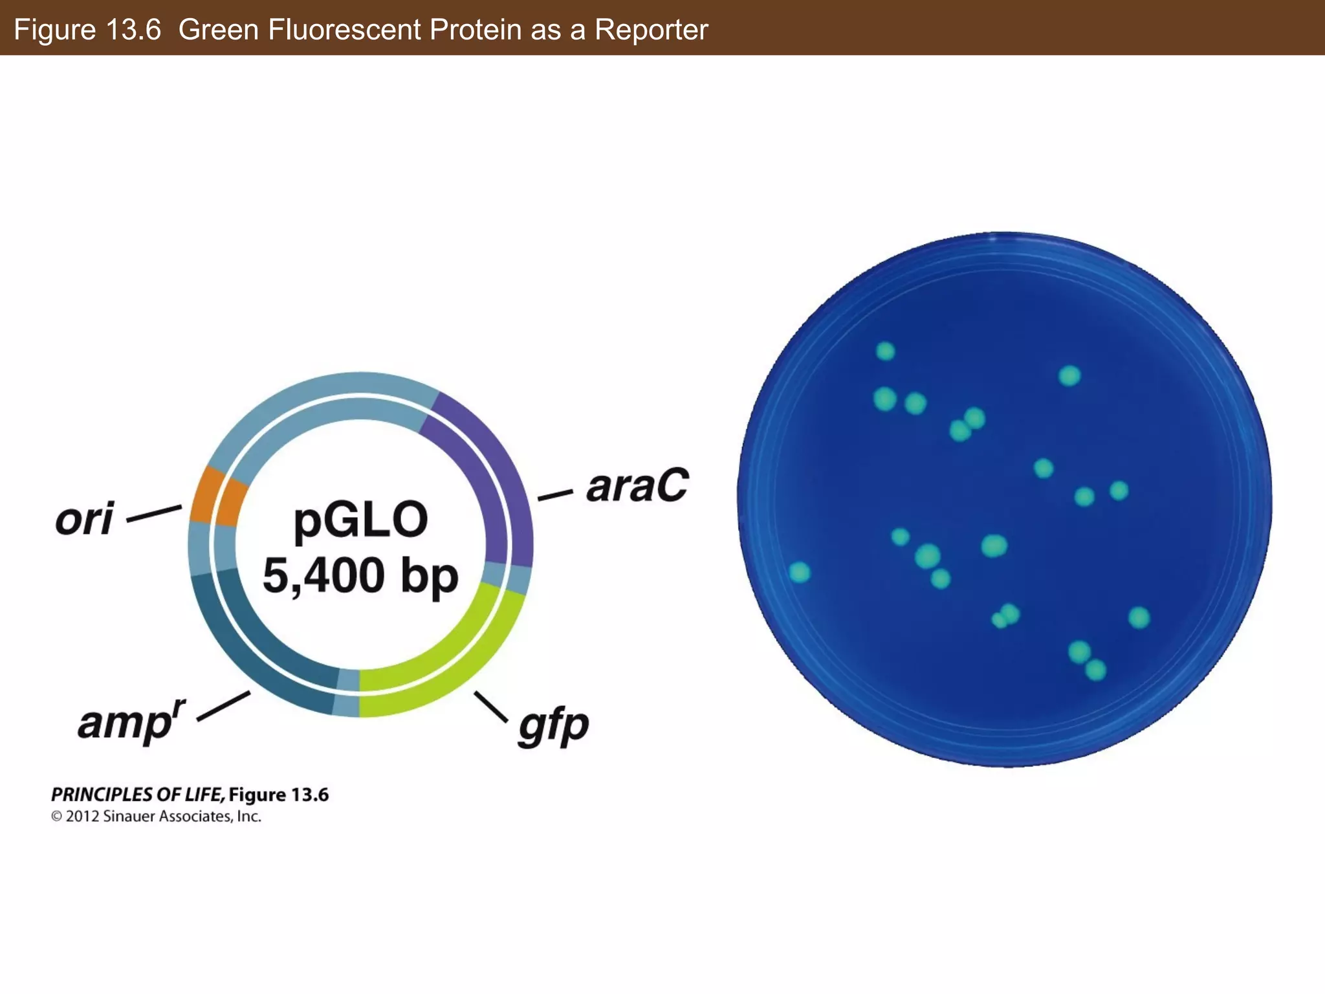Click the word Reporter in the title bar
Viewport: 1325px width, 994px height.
pyautogui.click(x=651, y=30)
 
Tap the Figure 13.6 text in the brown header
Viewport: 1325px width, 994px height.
pyautogui.click(x=87, y=30)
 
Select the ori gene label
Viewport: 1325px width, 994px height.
pyautogui.click(x=85, y=519)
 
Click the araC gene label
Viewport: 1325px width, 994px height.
pyautogui.click(x=637, y=486)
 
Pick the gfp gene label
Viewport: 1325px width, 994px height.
pyautogui.click(x=553, y=726)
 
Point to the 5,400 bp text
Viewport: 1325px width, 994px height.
pyautogui.click(x=360, y=575)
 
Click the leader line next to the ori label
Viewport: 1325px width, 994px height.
pyautogui.click(x=154, y=514)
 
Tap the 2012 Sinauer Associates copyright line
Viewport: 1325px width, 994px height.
pyautogui.click(x=156, y=817)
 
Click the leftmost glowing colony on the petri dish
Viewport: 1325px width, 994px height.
pyautogui.click(x=800, y=572)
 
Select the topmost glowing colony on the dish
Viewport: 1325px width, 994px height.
pyautogui.click(x=885, y=351)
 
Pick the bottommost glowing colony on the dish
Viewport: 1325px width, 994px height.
pyautogui.click(x=1095, y=670)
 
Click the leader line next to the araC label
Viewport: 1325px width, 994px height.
pyautogui.click(x=555, y=496)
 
